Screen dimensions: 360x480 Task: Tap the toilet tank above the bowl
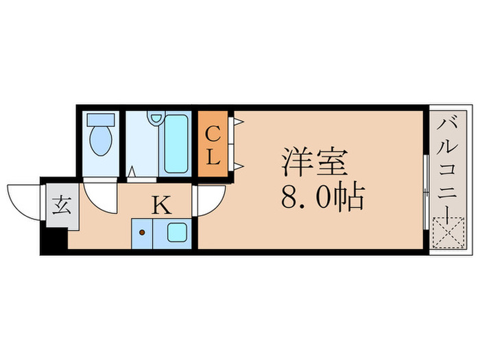(101, 119)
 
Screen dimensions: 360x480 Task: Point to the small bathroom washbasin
(156, 120)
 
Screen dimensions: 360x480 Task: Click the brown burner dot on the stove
(143, 232)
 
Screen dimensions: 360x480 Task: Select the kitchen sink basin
(178, 232)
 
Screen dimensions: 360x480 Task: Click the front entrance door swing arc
(23, 198)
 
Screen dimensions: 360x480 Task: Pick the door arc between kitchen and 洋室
(210, 200)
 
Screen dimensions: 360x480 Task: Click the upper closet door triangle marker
(238, 121)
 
